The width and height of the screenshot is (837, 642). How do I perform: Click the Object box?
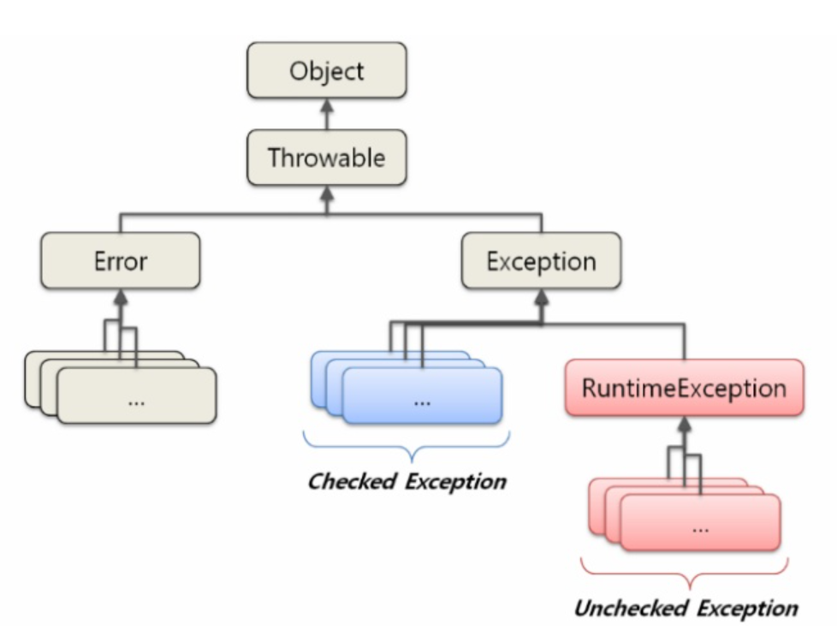[326, 71]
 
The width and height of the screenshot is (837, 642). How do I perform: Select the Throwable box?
[326, 158]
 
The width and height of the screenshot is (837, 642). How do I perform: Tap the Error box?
[121, 261]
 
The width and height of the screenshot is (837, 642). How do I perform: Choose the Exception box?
[541, 261]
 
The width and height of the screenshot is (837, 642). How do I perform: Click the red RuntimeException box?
[684, 388]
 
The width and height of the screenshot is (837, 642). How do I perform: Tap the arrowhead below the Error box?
[121, 296]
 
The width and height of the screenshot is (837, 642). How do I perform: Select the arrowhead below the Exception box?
[541, 296]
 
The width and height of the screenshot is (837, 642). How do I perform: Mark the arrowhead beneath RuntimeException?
[684, 423]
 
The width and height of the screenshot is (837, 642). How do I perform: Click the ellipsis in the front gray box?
[136, 400]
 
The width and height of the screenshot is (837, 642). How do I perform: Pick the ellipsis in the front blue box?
[421, 400]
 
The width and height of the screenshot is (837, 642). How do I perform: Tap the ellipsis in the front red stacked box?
[700, 526]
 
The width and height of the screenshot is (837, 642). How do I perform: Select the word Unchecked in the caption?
[630, 609]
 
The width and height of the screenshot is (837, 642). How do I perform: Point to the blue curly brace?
[407, 446]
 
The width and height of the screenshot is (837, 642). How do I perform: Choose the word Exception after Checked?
[456, 481]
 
